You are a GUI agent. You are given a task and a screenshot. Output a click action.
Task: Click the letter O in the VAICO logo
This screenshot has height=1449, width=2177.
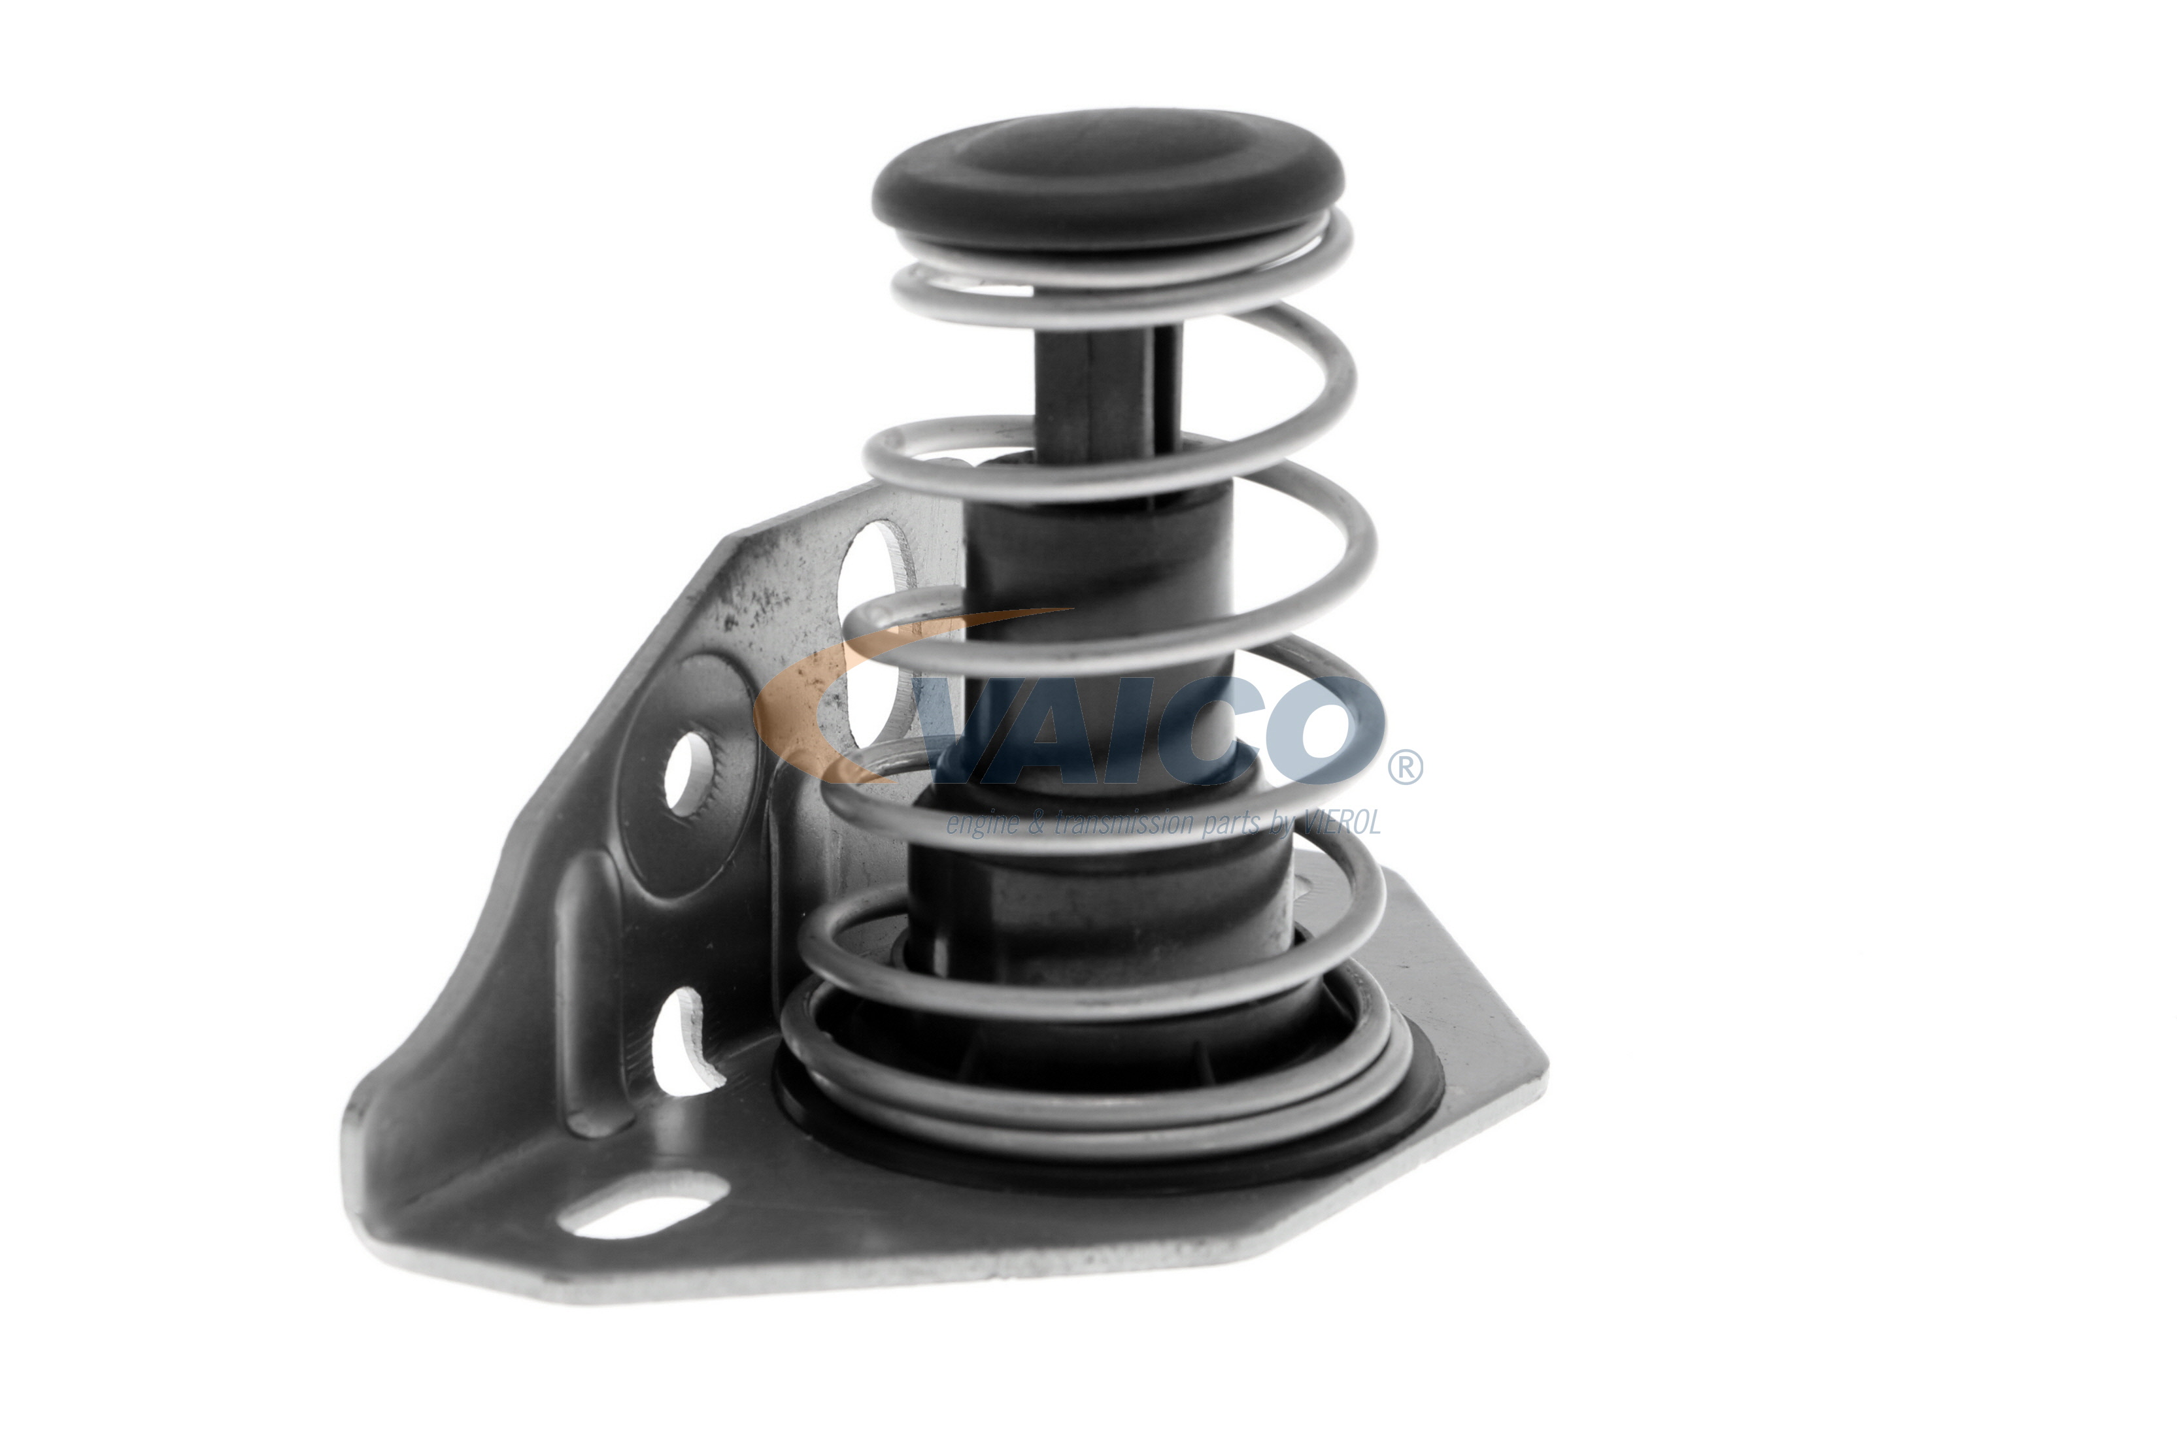1322,730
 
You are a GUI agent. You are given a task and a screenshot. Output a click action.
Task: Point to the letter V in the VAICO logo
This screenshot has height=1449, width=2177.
980,730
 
